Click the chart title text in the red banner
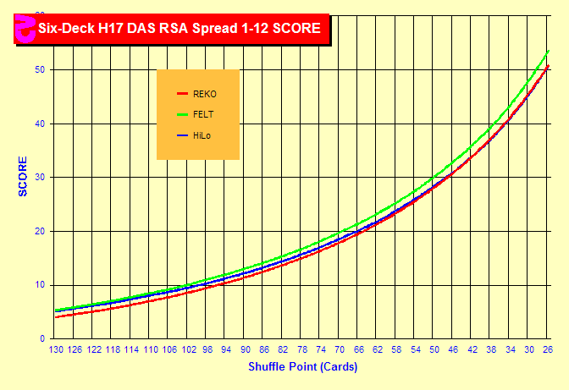178,28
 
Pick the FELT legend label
203,114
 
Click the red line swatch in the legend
181,93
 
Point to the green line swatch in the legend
181,114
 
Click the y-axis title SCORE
24,176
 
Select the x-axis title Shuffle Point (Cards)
302,367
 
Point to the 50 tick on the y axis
40,69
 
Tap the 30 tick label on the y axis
40,178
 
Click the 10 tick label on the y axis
40,285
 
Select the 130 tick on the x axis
56,349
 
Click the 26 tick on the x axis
549,349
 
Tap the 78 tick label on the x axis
302,349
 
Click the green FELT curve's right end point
549,52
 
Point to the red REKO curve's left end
56,316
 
